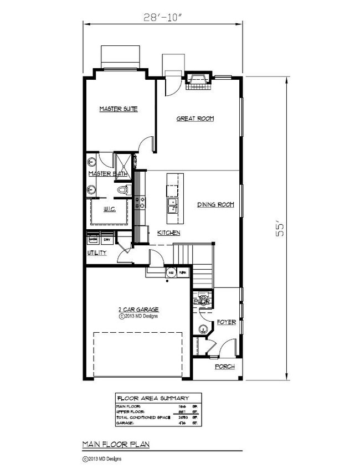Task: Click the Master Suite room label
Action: (118, 109)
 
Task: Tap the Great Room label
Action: (195, 118)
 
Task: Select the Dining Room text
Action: (216, 205)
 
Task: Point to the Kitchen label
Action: (168, 233)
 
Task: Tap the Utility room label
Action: (97, 253)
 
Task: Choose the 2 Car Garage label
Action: (138, 310)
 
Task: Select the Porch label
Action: (225, 367)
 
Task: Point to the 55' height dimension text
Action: (281, 230)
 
